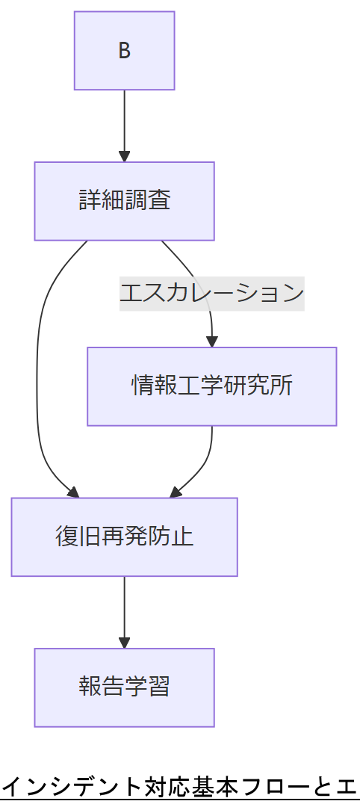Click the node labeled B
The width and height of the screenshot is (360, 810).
point(124,51)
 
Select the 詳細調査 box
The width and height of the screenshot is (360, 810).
point(124,201)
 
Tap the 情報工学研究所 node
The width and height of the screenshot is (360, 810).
point(211,386)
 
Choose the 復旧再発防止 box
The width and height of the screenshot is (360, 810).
point(124,537)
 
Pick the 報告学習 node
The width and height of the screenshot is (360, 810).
point(124,687)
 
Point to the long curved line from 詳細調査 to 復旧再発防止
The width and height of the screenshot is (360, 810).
point(37,374)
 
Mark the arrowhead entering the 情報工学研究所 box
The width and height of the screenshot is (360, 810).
point(212,341)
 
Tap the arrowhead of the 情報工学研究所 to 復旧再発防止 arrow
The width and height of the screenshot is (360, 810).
point(176,492)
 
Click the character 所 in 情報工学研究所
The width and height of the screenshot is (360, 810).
point(282,386)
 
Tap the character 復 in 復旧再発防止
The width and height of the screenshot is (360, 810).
point(66,537)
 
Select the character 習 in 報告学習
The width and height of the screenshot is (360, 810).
point(159,687)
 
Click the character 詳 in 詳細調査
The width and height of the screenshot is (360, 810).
point(90,201)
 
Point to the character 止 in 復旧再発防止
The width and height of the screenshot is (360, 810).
point(182,537)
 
